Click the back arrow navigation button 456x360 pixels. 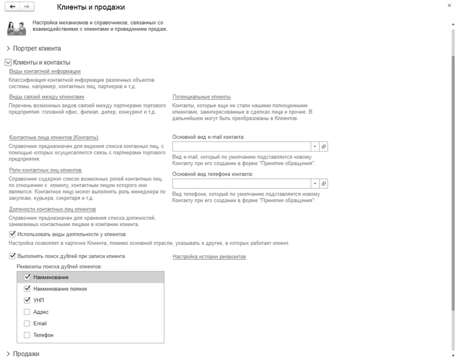13,7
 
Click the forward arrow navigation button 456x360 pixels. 27,7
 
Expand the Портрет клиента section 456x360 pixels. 9,49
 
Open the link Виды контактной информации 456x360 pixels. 45,71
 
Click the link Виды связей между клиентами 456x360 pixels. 47,97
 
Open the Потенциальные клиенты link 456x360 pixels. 201,97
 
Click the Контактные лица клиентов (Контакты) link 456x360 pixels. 54,137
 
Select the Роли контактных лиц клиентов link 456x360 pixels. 45,170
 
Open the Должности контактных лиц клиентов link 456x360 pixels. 52,209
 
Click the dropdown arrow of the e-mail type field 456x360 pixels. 315,146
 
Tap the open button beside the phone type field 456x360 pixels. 324,183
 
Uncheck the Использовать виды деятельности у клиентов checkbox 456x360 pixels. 13,234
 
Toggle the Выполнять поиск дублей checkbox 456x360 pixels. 13,256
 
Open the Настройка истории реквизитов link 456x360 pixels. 209,257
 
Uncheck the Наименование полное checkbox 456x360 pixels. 27,289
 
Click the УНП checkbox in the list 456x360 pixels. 27,300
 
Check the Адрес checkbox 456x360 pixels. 27,312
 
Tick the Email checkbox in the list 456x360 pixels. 27,324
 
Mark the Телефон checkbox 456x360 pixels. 27,336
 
